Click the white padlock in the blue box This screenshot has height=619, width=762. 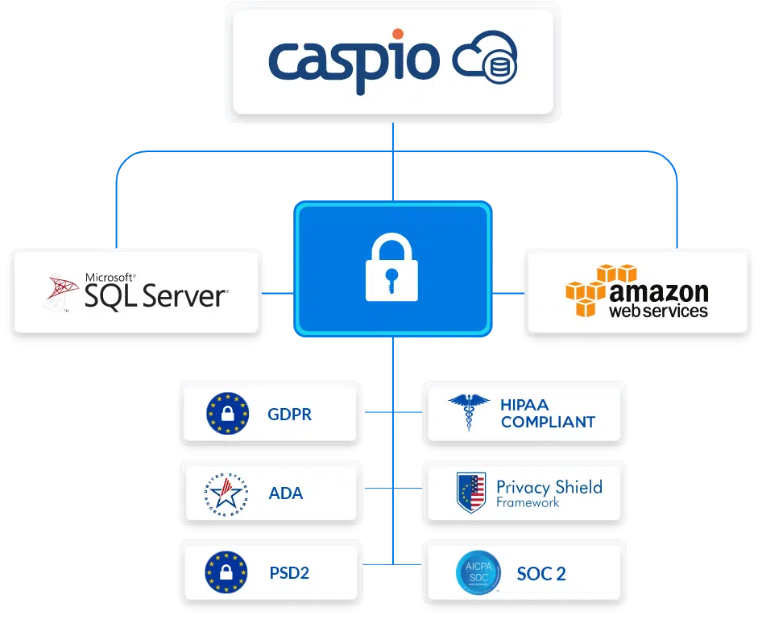pos(391,269)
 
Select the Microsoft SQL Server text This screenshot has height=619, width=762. pos(156,291)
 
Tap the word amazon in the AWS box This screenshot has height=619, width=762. pos(658,291)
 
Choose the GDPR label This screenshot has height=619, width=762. pos(289,415)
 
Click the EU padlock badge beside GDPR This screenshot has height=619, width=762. pos(226,414)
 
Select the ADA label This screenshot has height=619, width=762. pos(286,493)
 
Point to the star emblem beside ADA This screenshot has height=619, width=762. pos(226,493)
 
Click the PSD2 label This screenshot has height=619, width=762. pos(289,573)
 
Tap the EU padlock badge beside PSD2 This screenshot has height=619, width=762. pos(226,572)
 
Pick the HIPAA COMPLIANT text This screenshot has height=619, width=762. pos(547,414)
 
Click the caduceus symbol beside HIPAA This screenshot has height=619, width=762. pos(469,413)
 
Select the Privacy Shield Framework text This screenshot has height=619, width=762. pos(549,493)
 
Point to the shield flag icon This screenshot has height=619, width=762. pos(471,493)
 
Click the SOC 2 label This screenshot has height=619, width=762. pos(541,573)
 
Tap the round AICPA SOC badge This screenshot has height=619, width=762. pos(478,572)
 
